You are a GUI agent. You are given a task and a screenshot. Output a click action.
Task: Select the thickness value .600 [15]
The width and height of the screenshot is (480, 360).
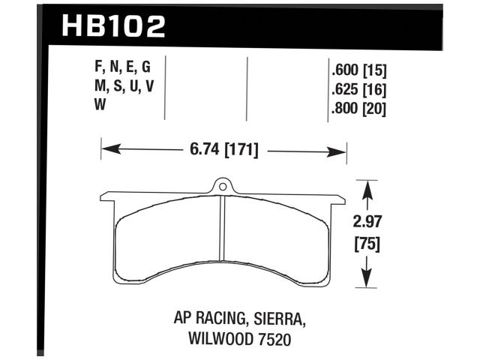coord(358,72)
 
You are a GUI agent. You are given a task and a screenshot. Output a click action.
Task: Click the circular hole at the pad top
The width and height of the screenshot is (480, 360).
coord(222,185)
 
